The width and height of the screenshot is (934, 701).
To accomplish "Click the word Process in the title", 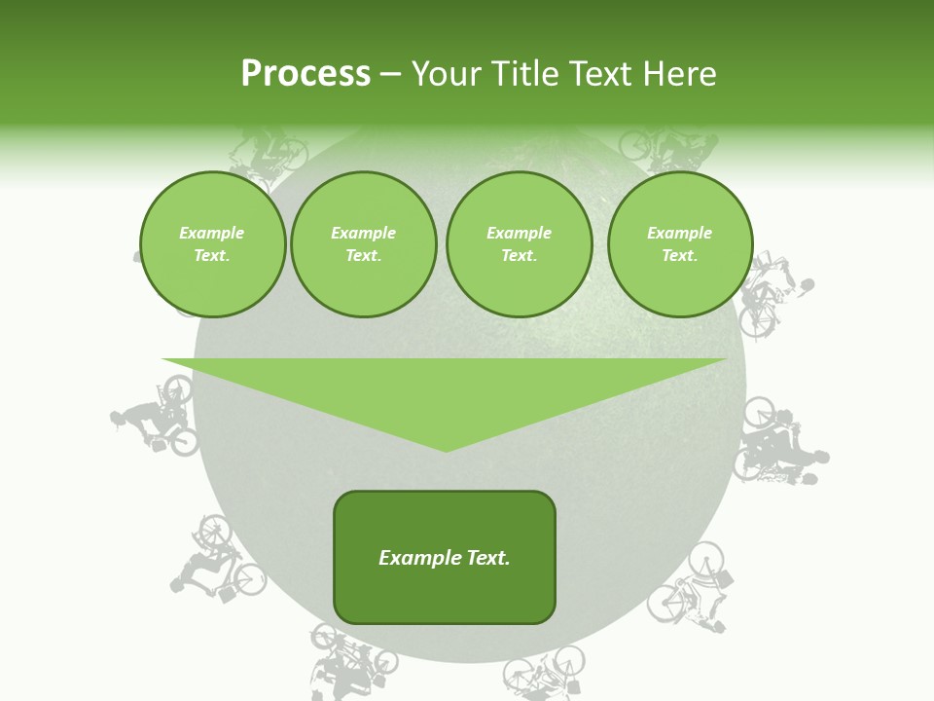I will pyautogui.click(x=305, y=74).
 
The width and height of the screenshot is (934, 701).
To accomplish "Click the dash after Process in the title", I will pyautogui.click(x=390, y=75).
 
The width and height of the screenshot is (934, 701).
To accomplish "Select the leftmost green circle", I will pyautogui.click(x=212, y=244).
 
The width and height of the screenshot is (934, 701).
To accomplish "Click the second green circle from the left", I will pyautogui.click(x=363, y=244).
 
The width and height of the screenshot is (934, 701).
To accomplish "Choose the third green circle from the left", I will pyautogui.click(x=519, y=244).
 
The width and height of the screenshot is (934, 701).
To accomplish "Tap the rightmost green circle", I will pyautogui.click(x=679, y=244).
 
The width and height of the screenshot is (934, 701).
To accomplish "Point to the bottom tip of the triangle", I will pyautogui.click(x=446, y=449).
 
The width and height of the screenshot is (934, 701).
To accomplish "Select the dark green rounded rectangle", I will pyautogui.click(x=445, y=557).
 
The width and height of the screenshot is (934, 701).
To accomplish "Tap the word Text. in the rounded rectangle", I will pyautogui.click(x=487, y=558).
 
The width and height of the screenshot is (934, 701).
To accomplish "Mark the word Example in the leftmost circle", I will pyautogui.click(x=212, y=233).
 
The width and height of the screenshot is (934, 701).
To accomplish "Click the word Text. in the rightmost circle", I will pyautogui.click(x=679, y=255).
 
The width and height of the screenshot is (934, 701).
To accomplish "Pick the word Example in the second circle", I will pyautogui.click(x=363, y=233).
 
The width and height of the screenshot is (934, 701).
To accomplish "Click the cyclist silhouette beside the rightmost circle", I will pyautogui.click(x=774, y=292).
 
